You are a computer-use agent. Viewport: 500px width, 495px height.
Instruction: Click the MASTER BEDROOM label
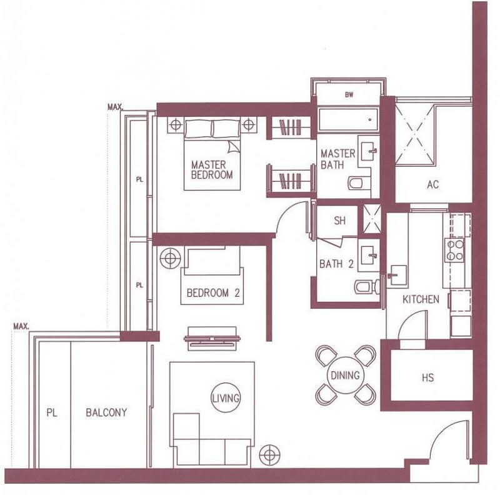(x=212, y=169)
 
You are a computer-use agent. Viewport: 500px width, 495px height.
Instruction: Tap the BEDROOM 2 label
(x=213, y=292)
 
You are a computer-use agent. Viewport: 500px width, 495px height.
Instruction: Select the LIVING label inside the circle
(x=226, y=398)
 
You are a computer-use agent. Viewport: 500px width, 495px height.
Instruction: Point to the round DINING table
(x=346, y=375)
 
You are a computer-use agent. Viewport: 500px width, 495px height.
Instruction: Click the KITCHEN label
(x=421, y=299)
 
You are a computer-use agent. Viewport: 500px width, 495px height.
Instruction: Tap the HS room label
(x=427, y=377)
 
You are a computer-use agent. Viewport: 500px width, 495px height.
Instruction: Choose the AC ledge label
(x=432, y=184)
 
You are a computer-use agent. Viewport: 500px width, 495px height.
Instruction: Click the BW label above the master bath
(x=349, y=95)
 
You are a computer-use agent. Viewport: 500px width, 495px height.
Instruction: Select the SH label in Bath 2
(x=339, y=221)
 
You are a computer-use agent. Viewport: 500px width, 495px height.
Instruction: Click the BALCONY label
(x=106, y=412)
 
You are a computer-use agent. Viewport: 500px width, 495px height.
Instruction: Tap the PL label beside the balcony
(x=52, y=412)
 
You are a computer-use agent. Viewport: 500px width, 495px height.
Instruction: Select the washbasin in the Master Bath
(x=369, y=151)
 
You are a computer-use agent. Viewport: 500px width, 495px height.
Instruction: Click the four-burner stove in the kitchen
(x=455, y=250)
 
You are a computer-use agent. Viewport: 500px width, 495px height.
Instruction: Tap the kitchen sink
(x=396, y=274)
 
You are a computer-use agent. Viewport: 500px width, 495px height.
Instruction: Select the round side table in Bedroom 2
(x=170, y=257)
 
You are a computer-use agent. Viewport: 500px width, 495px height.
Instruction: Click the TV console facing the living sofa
(x=212, y=339)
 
